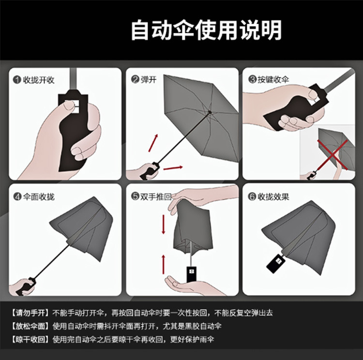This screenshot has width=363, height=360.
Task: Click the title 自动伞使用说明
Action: coord(206,30)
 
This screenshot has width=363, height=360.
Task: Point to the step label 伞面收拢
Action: coord(39,196)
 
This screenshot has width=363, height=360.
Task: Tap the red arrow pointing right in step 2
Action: coord(173,168)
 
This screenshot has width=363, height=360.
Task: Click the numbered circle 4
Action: coord(17,196)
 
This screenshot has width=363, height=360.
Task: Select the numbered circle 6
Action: coord(252,196)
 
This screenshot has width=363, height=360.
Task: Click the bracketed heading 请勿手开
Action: coord(30,313)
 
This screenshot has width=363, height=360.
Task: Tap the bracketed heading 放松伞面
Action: coord(30,326)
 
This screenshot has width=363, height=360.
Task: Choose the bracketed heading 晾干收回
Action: coord(30,338)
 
